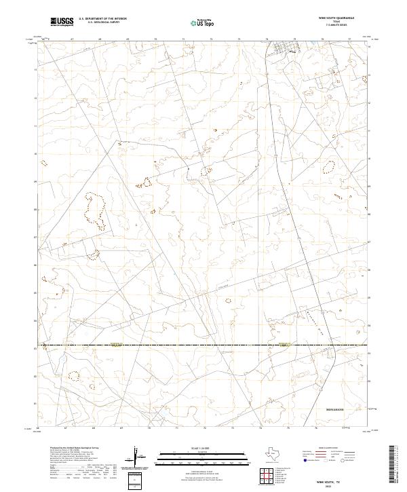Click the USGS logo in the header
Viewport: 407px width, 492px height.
coord(62,22)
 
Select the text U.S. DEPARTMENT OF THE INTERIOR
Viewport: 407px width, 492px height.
coord(102,20)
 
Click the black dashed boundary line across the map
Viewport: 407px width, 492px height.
coord(203,346)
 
